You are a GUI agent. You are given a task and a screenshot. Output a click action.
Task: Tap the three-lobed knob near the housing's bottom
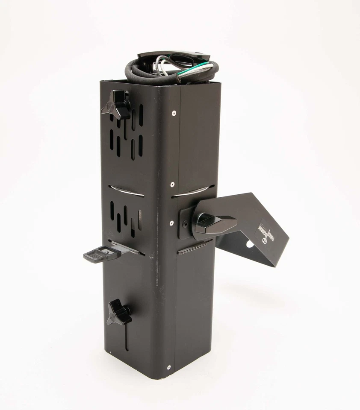118,312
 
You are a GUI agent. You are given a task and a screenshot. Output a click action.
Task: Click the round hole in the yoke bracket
249,244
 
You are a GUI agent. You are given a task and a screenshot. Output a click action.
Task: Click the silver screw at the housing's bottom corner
168,367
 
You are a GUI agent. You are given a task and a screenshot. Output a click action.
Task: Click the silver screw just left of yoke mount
172,223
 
